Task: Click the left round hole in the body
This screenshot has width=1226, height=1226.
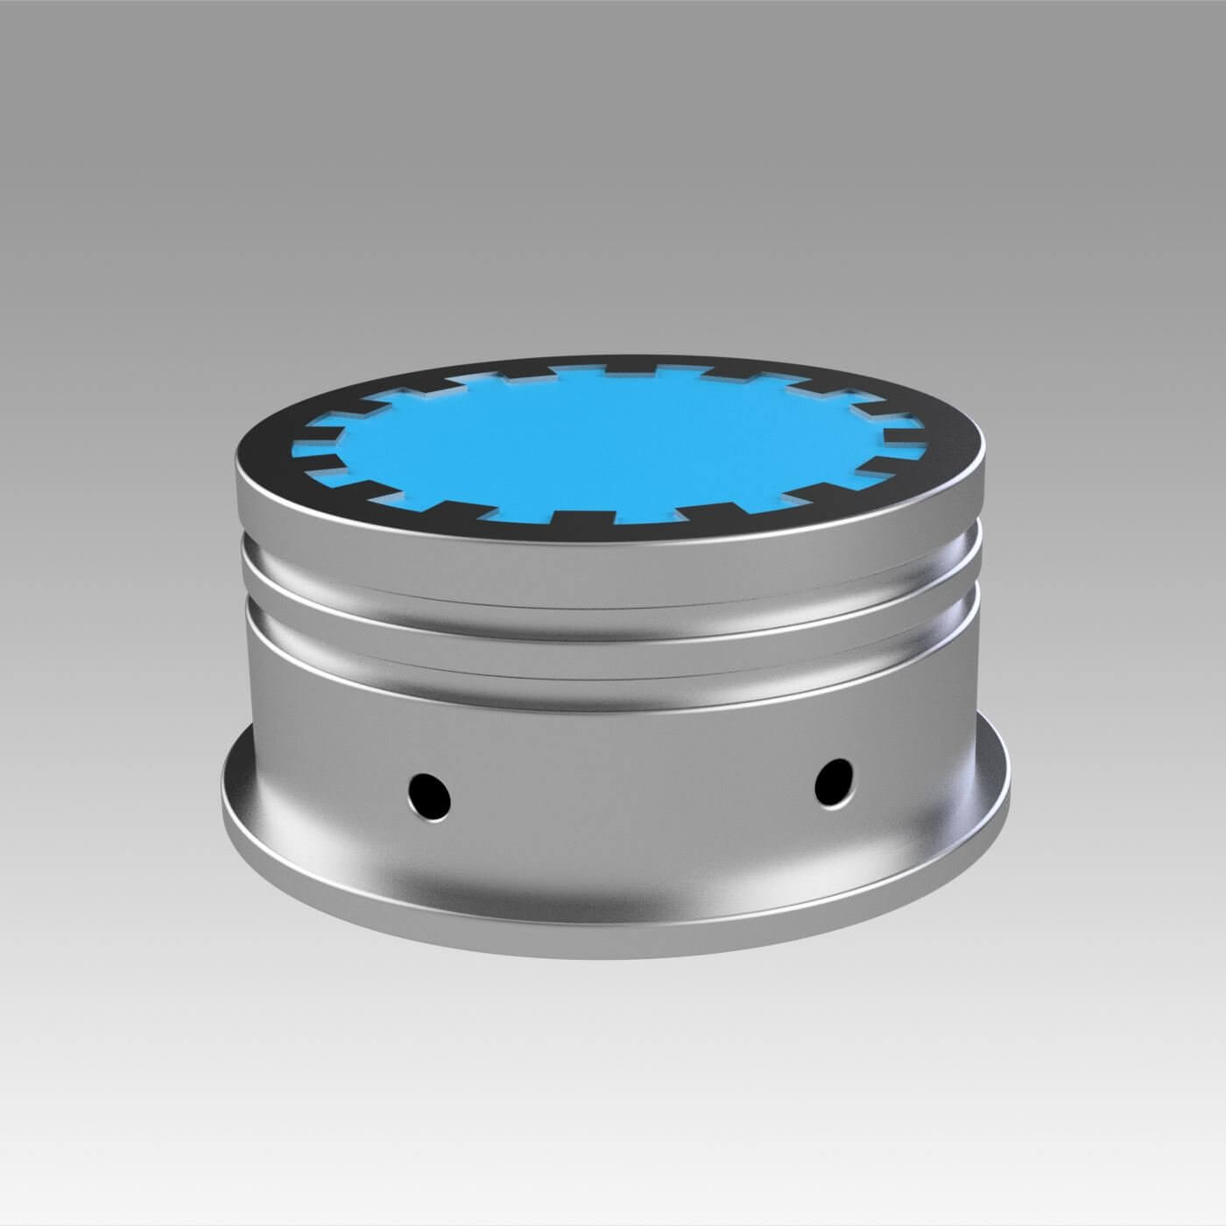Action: [x=429, y=793]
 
